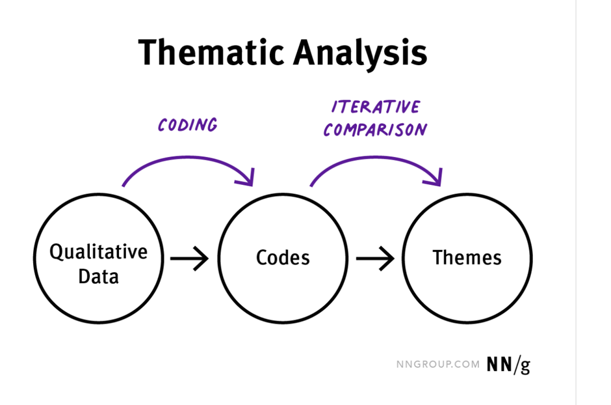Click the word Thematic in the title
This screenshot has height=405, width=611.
pos(211,52)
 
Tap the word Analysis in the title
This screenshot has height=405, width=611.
pos(360,55)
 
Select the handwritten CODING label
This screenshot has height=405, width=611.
pos(188,125)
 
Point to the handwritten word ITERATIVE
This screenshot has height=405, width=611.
pos(376,107)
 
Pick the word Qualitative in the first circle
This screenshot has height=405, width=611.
pos(99,252)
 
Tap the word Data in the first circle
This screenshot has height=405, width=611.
pos(99,277)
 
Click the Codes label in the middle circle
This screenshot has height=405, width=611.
pos(283,257)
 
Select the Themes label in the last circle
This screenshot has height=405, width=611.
pos(467,257)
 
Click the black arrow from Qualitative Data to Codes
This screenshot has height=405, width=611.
pos(189,258)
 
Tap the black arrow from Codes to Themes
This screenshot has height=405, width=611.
pos(375,258)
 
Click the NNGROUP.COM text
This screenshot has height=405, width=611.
pos(438,365)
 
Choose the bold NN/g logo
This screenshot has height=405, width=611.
pos(508,365)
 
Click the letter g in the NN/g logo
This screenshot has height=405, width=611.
pos(525,367)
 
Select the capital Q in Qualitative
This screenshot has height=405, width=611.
pos(56,253)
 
